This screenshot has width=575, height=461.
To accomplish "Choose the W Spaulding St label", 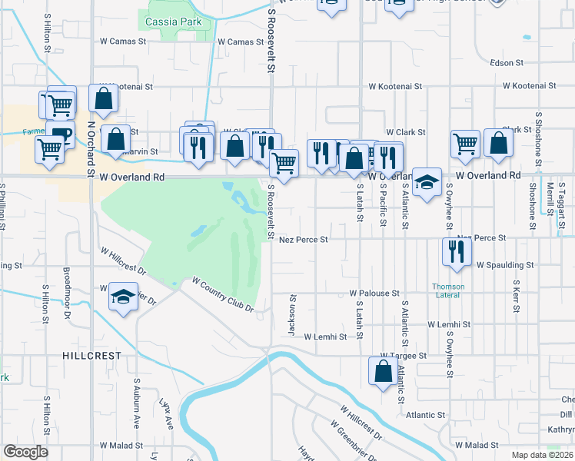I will coord(504,265).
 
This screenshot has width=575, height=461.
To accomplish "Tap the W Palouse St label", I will coord(374,294).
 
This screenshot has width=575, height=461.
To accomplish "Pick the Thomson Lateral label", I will coord(447,290).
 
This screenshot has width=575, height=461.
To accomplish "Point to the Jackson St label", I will coord(292,314).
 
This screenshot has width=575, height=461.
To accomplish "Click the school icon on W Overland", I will coord(427,182).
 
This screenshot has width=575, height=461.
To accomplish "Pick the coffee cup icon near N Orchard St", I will coord(60,134).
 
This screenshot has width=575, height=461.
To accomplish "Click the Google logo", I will coord(25,452).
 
